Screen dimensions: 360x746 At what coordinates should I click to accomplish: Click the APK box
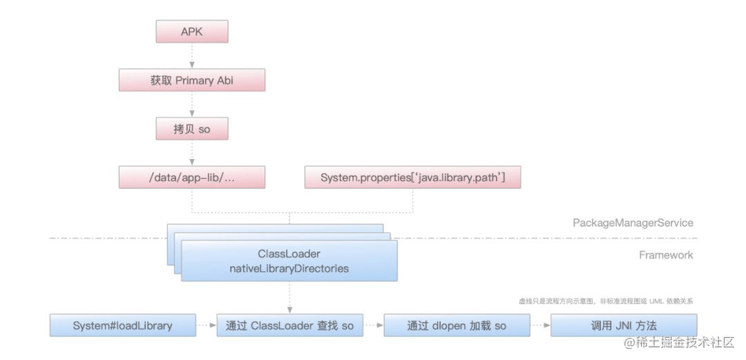pos(192,32)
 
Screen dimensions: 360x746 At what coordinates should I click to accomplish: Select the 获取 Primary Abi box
pos(192,80)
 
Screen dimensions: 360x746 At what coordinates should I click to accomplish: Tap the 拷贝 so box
pos(192,129)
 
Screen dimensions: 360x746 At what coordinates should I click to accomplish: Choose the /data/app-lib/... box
pos(192,178)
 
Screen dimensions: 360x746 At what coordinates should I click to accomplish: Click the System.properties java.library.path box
pos(412,178)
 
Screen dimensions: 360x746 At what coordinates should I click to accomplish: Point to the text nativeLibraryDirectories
pos(289,268)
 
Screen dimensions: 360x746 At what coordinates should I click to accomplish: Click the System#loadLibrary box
pos(122,325)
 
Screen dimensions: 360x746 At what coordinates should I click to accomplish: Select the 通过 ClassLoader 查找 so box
pos(289,325)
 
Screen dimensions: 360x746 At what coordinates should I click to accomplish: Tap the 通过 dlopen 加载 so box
pos(456,325)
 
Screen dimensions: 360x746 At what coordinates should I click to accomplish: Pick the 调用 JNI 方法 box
pos(623,325)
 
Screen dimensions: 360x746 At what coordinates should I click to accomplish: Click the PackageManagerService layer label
pos(633,223)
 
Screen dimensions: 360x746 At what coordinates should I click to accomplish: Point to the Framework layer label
pos(666,255)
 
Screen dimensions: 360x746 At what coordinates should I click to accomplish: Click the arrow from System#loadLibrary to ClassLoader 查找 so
pos(206,325)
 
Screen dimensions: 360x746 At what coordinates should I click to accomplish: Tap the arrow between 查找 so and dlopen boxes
pos(373,325)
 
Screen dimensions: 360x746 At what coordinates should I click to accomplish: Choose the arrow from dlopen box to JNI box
pos(539,325)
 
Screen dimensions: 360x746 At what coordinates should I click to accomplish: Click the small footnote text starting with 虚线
pos(606,301)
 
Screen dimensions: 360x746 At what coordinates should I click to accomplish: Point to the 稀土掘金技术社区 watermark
pos(680,343)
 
